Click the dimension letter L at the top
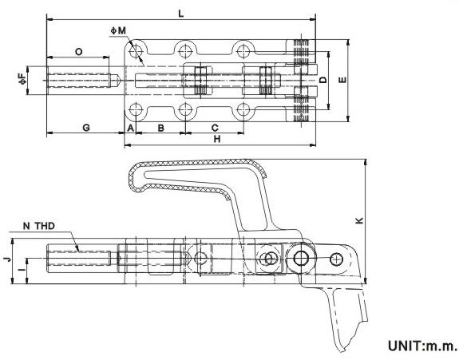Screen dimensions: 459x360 pos(181,14)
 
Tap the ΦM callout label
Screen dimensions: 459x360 pos(118,30)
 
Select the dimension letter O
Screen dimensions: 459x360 pos(78,52)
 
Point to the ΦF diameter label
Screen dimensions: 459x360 pos(22,79)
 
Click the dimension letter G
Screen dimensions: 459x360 pos(86,128)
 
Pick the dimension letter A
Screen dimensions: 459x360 pos(131,128)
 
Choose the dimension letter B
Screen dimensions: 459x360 pos(161,128)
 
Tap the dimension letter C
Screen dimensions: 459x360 pos(215,128)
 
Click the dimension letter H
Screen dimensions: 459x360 pos(217,139)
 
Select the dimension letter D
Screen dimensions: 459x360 pos(322,80)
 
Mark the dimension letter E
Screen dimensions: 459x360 pos(342,80)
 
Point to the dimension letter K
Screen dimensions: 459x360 pos(359,220)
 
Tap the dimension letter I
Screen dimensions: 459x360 pos(22,268)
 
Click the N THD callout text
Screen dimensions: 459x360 pos(38,226)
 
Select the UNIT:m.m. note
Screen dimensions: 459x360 pos(422,346)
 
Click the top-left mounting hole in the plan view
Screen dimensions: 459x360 pos(135,52)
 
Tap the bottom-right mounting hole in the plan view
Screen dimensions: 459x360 pos(243,110)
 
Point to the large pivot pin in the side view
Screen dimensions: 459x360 pos(301,259)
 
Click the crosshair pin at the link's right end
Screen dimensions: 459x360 pos(336,259)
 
